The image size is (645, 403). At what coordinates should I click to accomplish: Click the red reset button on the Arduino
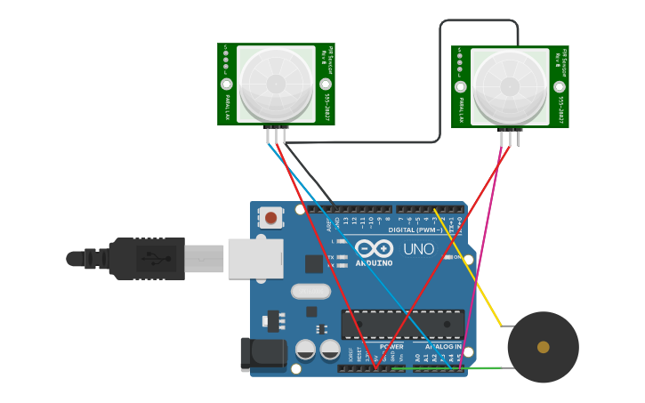270,218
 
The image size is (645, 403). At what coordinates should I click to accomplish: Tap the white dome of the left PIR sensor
276,84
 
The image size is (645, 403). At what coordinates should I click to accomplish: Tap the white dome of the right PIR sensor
510,86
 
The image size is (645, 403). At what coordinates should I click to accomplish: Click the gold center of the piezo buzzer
543,347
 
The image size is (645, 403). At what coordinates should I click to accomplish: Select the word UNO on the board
418,249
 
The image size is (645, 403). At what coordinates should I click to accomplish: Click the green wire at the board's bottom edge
480,367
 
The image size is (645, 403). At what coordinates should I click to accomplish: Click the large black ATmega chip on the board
402,324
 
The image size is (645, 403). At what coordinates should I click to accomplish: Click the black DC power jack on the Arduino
263,354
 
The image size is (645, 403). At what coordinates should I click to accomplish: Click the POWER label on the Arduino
391,347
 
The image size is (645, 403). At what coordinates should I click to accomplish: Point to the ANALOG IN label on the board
443,347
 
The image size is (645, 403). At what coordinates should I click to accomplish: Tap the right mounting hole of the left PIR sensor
326,85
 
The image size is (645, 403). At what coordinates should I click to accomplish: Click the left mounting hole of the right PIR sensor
461,86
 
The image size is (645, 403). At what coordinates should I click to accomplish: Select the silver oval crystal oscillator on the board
310,291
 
